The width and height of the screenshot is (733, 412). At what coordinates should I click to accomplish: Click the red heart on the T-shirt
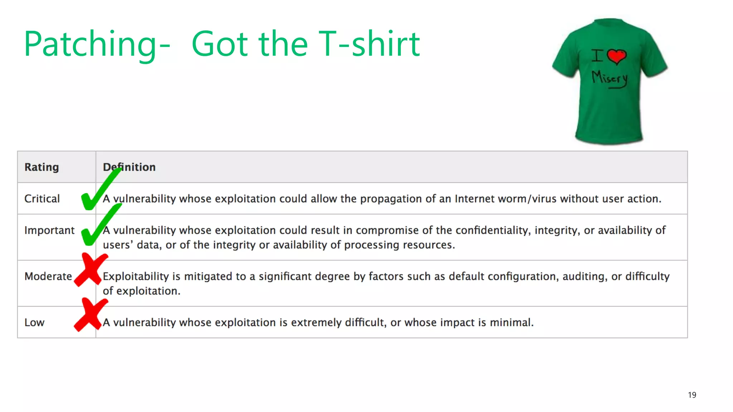click(616, 57)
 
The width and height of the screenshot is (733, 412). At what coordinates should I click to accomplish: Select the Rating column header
click(42, 167)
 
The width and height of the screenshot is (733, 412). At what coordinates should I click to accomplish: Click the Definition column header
click(129, 167)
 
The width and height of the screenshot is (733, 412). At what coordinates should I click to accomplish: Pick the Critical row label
click(42, 198)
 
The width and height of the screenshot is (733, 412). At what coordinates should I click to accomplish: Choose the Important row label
click(49, 230)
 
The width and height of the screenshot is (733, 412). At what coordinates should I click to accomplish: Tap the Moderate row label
click(48, 276)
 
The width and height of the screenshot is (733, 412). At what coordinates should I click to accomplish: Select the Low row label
click(34, 322)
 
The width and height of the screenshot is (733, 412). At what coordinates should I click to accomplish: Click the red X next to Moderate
click(91, 270)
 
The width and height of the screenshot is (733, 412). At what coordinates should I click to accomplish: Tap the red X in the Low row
click(91, 315)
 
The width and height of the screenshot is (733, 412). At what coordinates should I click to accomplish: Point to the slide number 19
click(692, 395)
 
